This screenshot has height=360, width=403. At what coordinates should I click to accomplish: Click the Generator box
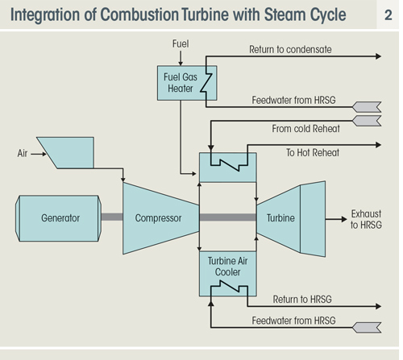(x=58, y=218)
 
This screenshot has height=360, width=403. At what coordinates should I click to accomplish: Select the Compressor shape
(x=160, y=218)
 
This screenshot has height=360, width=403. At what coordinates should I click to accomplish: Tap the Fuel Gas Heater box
(x=187, y=83)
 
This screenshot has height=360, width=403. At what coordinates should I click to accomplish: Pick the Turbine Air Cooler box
(x=228, y=274)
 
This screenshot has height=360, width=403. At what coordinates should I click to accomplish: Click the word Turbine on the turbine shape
(x=280, y=218)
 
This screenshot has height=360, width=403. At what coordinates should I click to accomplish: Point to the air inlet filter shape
(x=65, y=153)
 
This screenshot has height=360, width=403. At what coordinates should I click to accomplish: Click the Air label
(x=23, y=154)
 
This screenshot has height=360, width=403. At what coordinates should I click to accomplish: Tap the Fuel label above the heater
(x=181, y=43)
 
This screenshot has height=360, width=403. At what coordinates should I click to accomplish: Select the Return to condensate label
(x=290, y=49)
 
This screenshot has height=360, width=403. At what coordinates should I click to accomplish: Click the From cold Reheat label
(x=305, y=129)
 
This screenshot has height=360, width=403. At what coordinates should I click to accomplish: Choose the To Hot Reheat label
(x=313, y=152)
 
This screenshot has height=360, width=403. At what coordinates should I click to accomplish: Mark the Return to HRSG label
(x=302, y=299)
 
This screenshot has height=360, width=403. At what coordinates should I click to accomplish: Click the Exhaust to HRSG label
(x=366, y=219)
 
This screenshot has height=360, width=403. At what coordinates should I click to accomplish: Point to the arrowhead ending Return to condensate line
(x=379, y=56)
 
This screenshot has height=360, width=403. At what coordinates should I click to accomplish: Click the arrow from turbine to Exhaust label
(x=336, y=219)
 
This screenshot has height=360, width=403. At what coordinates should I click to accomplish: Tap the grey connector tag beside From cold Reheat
(x=367, y=121)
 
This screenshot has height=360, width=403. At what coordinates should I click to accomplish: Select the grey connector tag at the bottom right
(x=367, y=328)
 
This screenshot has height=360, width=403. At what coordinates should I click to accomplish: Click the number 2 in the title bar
(x=388, y=15)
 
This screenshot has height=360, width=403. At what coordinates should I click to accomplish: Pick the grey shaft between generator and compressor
(x=112, y=217)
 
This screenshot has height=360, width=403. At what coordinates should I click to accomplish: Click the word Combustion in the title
(x=139, y=14)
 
